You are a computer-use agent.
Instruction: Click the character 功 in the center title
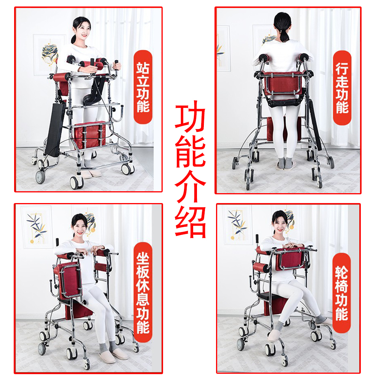[190, 117]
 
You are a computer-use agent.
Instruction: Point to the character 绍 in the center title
[190, 222]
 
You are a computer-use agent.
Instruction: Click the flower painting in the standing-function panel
[48, 54]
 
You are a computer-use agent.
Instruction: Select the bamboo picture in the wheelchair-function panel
[237, 224]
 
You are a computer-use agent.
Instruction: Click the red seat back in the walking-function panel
[282, 83]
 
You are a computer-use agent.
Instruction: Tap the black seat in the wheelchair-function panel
[274, 296]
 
